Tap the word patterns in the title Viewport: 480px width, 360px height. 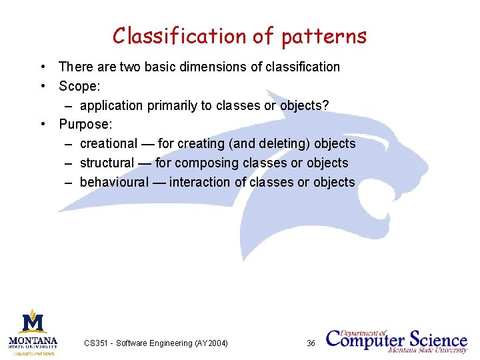(x=324, y=36)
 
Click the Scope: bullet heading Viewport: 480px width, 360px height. (x=79, y=86)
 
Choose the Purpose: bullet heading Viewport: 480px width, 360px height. (x=85, y=125)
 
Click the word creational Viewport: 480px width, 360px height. (x=108, y=144)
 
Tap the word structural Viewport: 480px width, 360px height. (x=107, y=163)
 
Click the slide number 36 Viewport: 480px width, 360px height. (x=311, y=343)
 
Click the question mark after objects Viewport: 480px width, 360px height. (x=325, y=105)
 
